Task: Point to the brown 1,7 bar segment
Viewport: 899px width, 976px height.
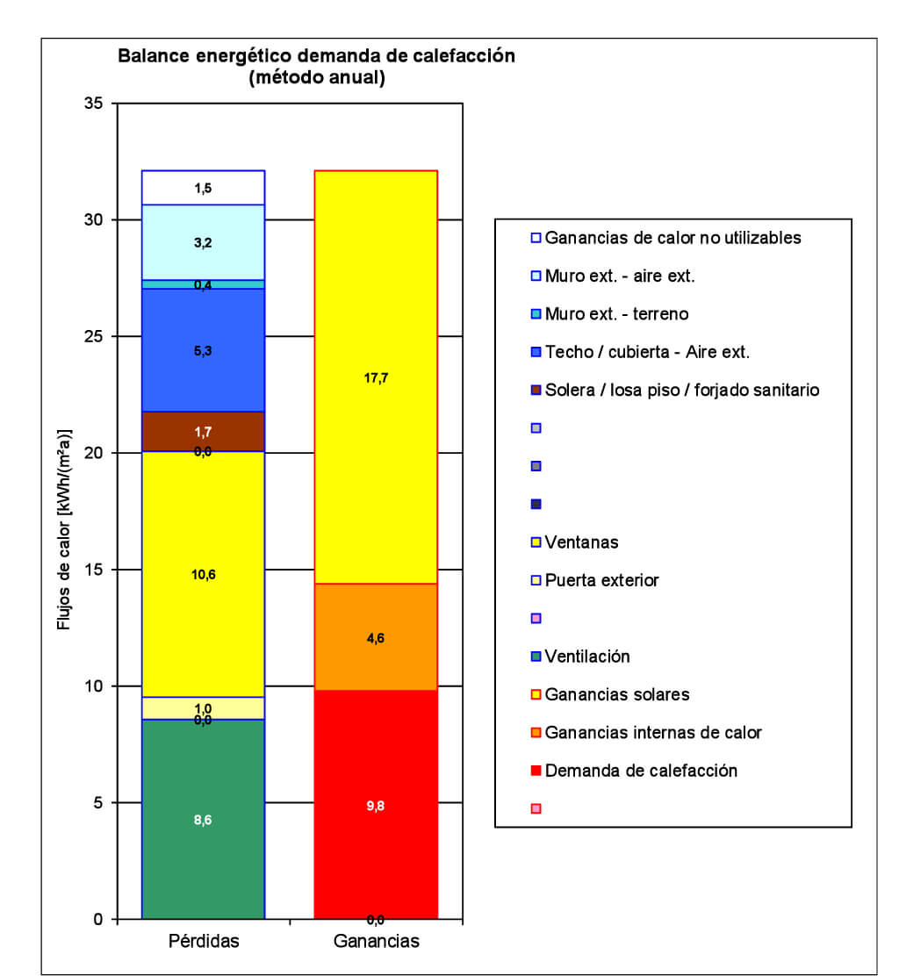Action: tap(203, 431)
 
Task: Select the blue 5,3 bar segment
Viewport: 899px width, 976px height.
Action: tap(203, 350)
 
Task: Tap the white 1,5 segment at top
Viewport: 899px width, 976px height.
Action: tap(203, 188)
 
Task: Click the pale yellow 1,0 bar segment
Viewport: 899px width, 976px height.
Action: tap(203, 707)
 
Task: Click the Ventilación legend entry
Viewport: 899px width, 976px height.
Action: tap(586, 657)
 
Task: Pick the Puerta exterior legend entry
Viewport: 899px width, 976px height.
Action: tap(601, 580)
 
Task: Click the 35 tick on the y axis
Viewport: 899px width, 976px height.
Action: tap(93, 104)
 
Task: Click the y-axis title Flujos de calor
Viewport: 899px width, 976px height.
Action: tap(64, 530)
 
